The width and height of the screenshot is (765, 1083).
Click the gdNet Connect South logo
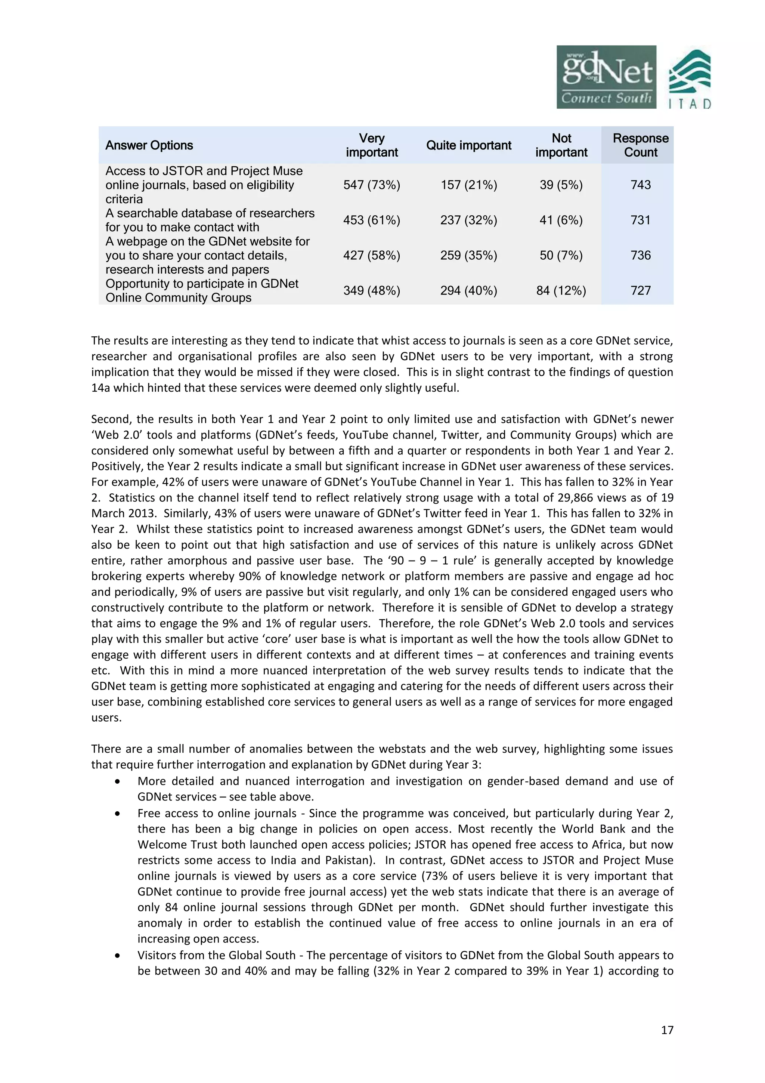pos(606,77)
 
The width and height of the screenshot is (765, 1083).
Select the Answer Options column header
pos(149,145)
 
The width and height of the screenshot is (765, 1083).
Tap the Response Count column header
pos(640,145)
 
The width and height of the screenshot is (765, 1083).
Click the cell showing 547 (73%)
pos(371,185)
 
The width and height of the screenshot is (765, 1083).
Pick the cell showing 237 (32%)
pos(468,220)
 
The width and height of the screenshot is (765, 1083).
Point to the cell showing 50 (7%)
pos(561,256)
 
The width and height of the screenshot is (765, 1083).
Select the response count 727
pos(640,291)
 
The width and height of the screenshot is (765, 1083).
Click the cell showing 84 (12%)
pos(561,291)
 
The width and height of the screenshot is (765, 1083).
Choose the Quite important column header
pos(468,145)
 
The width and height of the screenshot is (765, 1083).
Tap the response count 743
pos(640,185)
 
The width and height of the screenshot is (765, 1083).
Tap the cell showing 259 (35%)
pos(468,256)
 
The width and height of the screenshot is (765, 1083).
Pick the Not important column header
pos(561,145)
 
